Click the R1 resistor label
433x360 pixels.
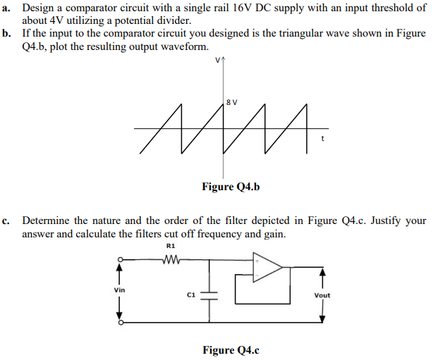171,246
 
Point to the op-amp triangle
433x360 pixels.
267,267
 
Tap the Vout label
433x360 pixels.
322,295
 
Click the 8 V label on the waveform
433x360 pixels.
233,102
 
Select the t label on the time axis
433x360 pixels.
322,138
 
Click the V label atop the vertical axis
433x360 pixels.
219,61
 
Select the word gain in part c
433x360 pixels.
274,234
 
